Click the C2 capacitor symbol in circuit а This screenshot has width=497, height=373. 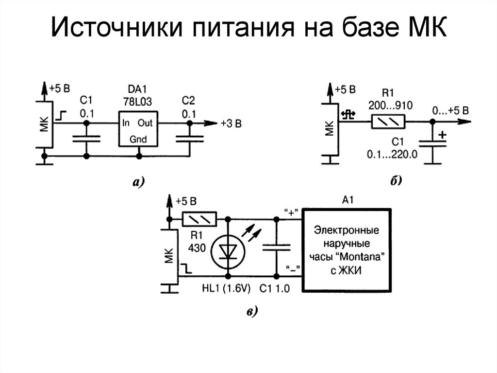188,139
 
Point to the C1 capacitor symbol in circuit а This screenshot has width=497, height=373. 86,139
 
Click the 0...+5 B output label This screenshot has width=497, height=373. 450,110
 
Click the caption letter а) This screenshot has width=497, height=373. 137,182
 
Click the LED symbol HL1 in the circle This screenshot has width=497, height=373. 227,250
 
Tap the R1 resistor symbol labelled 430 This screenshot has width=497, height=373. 199,219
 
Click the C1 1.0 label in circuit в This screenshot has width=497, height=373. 274,289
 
